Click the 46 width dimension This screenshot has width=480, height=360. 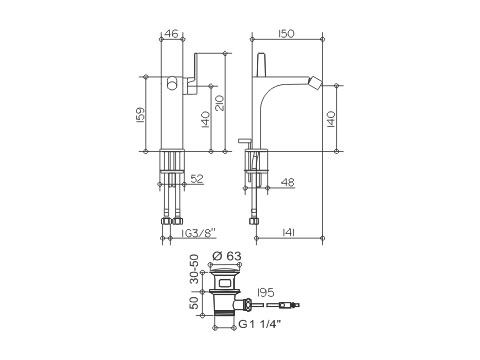coord(172,33)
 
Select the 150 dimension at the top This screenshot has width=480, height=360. coord(286,34)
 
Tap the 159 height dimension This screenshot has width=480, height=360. coord(141,115)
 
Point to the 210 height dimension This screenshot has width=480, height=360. coord(220,103)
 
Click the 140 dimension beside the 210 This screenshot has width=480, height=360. coord(206,119)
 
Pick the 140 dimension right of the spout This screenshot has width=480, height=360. coord(331,119)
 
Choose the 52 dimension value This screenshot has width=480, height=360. coord(197,179)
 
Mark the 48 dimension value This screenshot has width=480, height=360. coord(288,182)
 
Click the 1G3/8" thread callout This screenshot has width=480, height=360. coord(199,233)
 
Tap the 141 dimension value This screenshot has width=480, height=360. coord(288,233)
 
